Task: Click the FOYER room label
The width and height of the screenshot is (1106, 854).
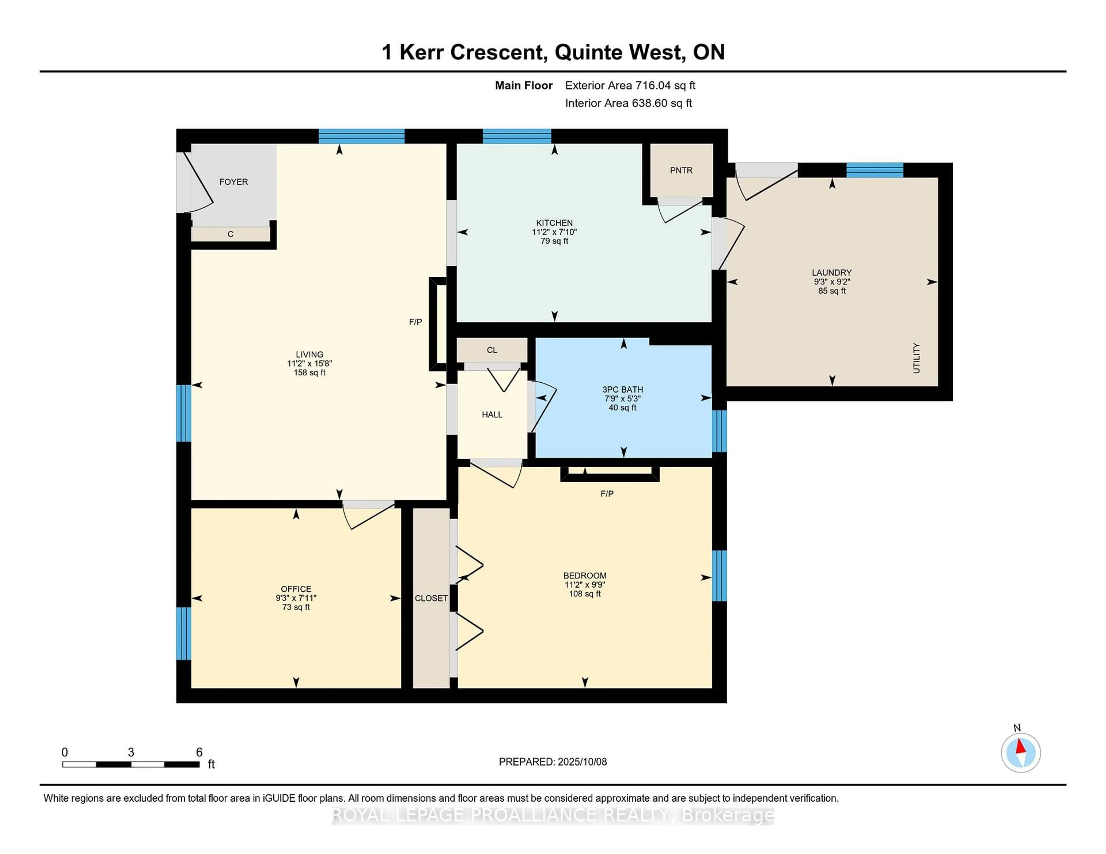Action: [x=234, y=182]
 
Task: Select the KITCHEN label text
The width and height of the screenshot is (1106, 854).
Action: [x=554, y=223]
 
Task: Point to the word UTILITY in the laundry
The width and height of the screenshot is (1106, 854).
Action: [x=916, y=358]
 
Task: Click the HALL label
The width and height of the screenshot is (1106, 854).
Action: [x=492, y=414]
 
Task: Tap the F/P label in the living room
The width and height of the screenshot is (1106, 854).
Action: [x=415, y=322]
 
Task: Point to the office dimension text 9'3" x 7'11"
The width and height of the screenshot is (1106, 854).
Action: [x=296, y=598]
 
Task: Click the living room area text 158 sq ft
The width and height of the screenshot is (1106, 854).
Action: [x=309, y=372]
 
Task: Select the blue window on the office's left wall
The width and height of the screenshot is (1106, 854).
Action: [x=183, y=633]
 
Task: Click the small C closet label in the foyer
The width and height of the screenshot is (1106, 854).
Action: [x=230, y=234]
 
